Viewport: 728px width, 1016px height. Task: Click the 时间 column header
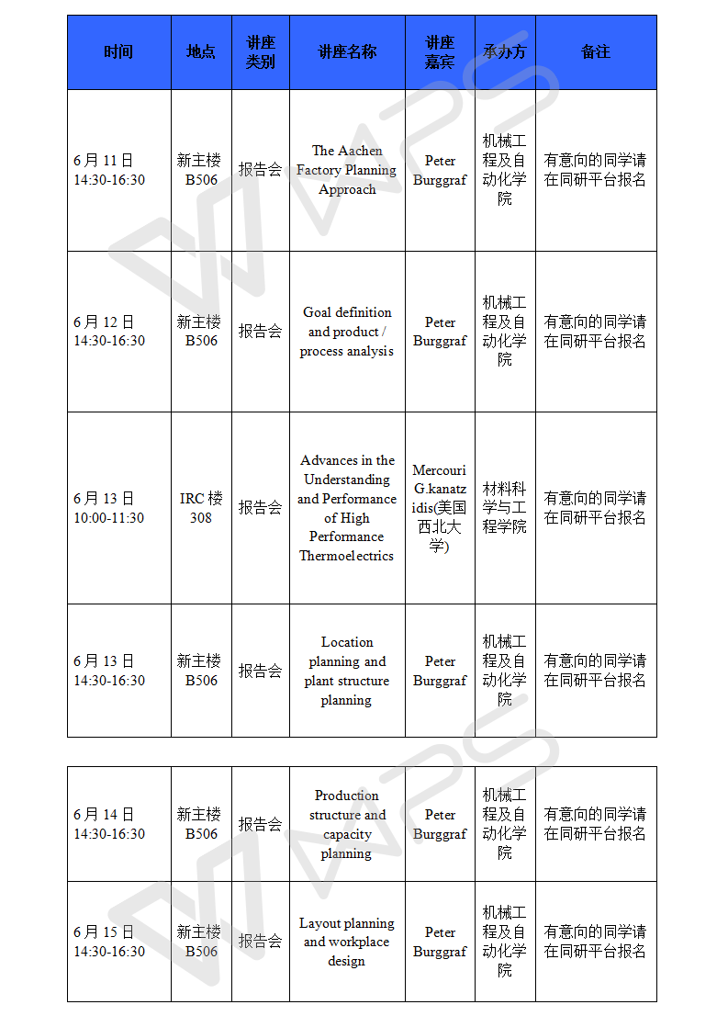tap(118, 52)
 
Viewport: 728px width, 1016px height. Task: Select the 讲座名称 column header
tap(347, 52)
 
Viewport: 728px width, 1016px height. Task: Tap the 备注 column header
tap(596, 52)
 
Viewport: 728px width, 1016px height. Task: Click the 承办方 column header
tap(505, 52)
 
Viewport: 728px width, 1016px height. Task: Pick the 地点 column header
tap(201, 52)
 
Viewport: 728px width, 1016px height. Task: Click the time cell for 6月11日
tap(109, 170)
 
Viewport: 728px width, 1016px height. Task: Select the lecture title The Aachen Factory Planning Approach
tap(347, 170)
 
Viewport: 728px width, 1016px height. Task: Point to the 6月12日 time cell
tap(109, 332)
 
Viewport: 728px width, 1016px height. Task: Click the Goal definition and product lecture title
tap(347, 332)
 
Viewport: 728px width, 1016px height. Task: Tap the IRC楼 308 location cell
tap(201, 508)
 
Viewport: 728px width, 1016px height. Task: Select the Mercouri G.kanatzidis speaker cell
tap(440, 508)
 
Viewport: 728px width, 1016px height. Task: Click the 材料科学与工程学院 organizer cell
tap(505, 508)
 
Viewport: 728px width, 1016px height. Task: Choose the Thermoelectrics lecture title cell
tap(347, 508)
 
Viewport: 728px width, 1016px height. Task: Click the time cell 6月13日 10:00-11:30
tap(109, 508)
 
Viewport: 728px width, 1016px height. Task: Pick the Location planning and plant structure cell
tap(347, 671)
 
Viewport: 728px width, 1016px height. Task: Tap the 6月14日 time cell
tap(109, 824)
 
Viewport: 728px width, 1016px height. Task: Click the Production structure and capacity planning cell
tap(347, 824)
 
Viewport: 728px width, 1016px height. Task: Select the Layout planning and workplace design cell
tap(347, 942)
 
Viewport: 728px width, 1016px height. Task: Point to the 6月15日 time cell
tap(109, 942)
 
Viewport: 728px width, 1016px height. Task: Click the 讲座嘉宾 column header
tap(440, 52)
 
